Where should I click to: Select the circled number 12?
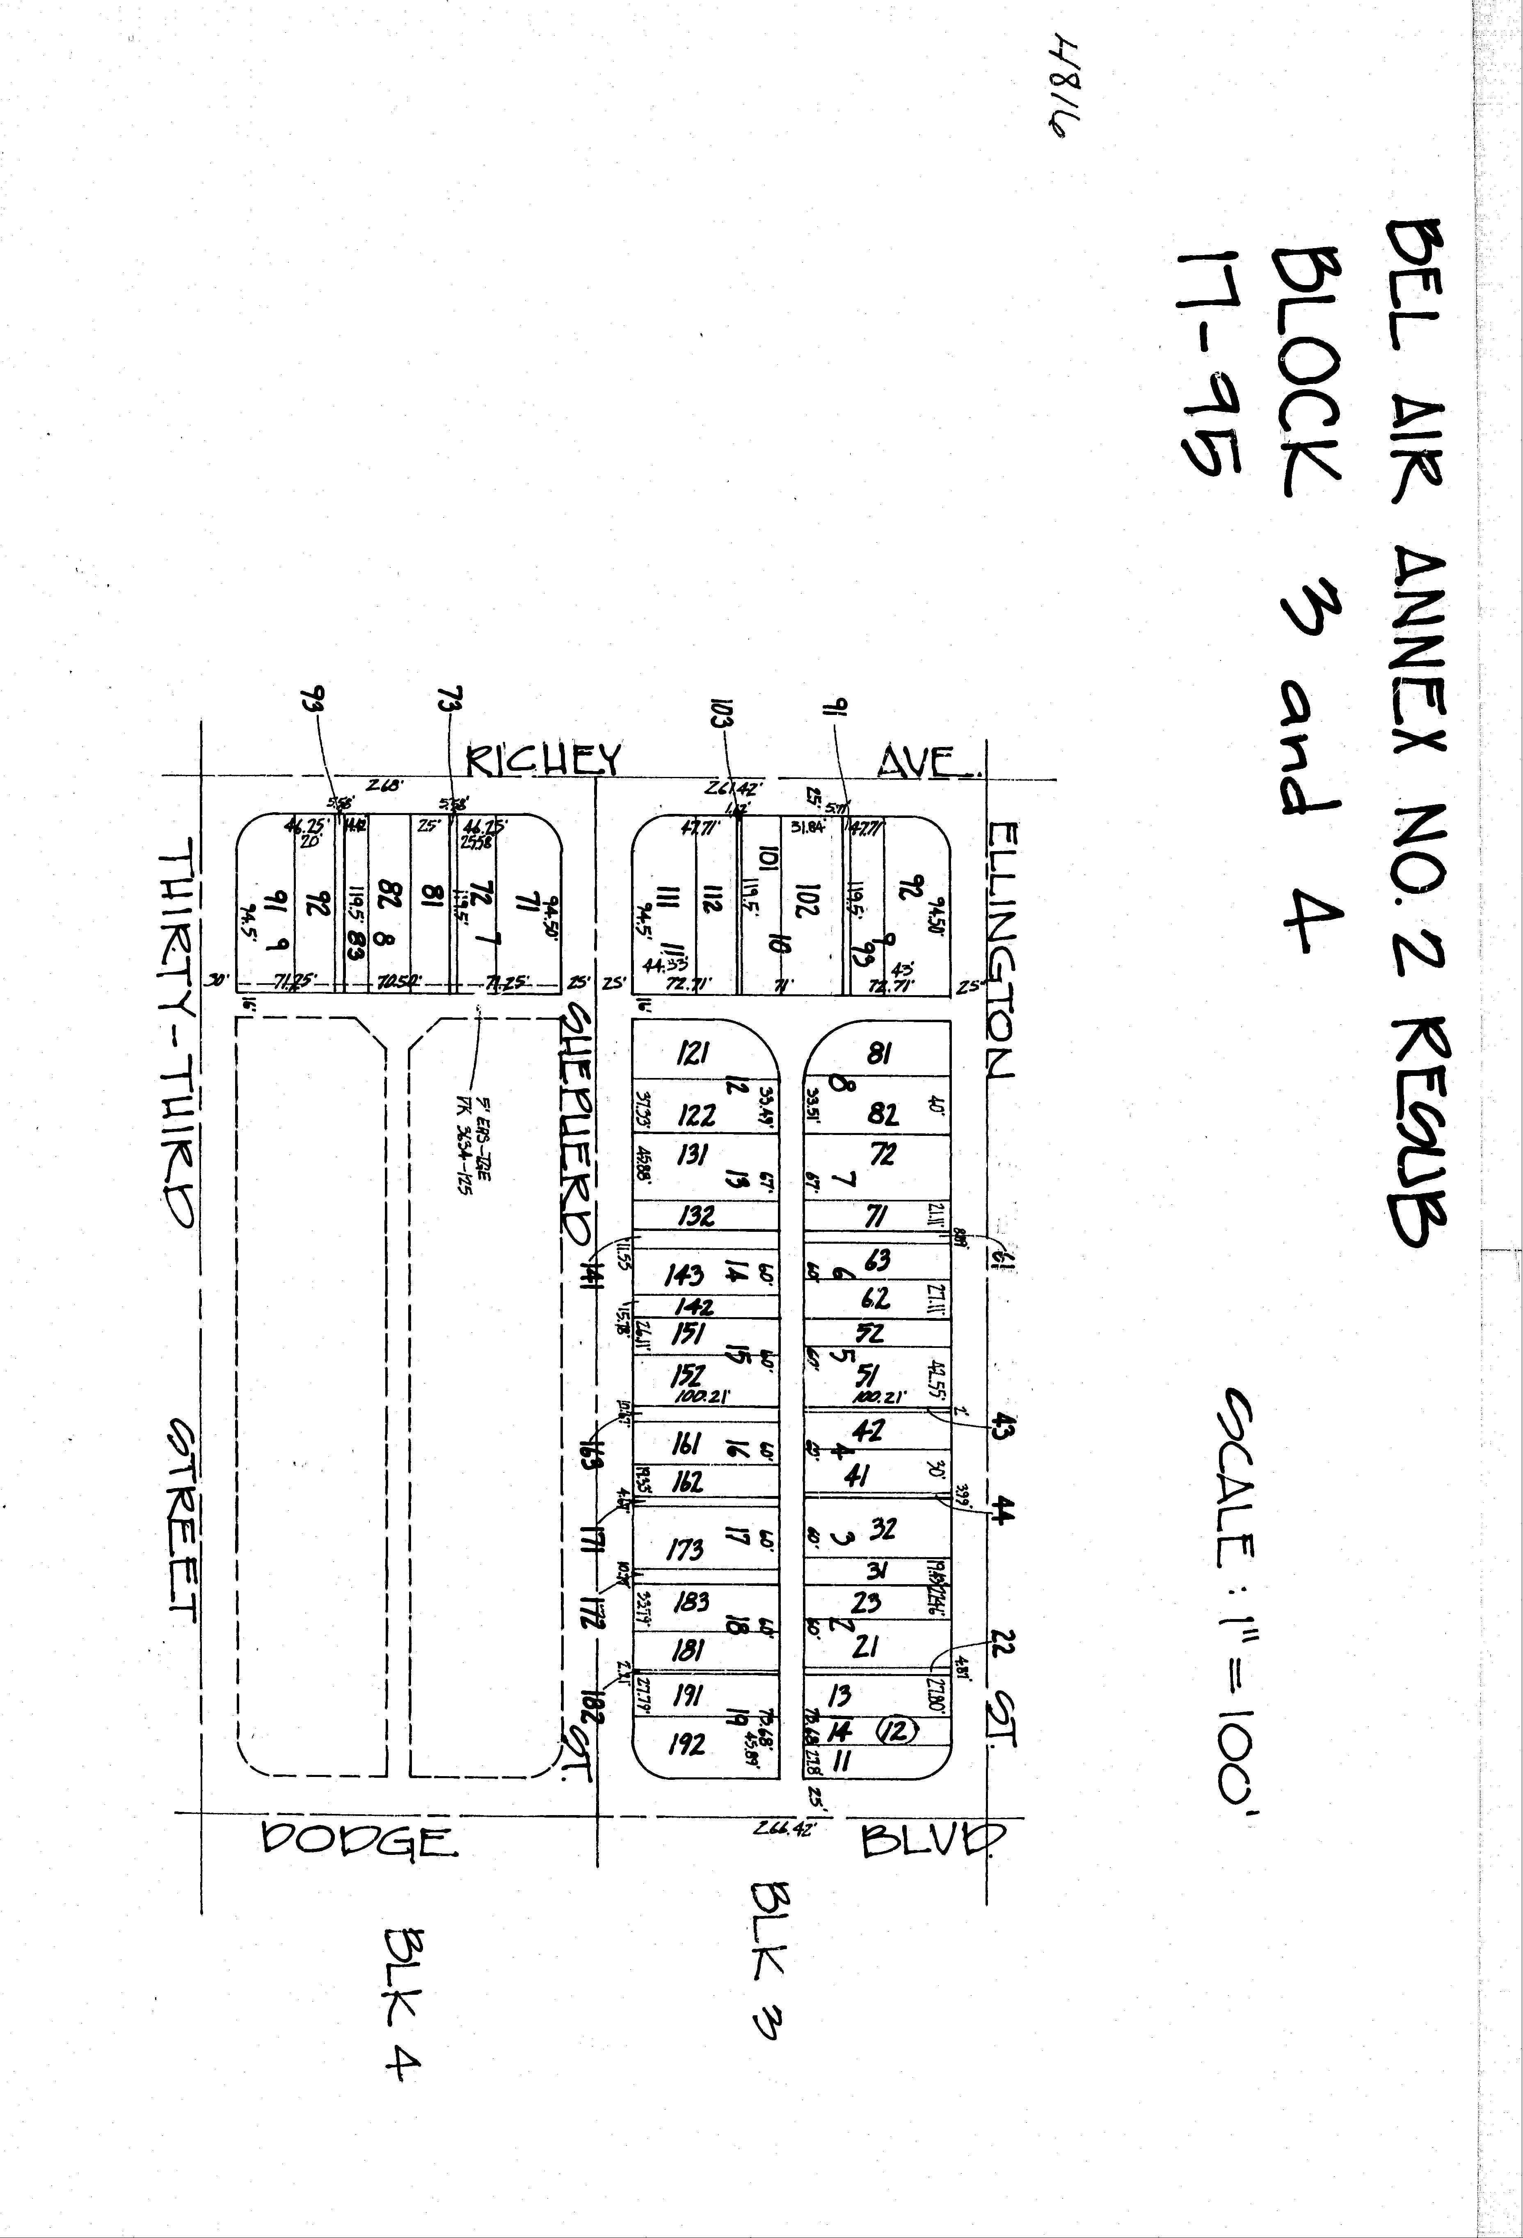tap(896, 1731)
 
